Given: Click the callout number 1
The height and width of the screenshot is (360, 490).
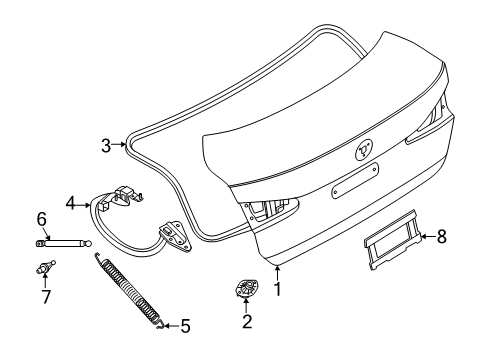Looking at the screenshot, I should pos(278,290).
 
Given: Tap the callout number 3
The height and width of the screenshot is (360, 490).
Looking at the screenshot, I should pos(105,146).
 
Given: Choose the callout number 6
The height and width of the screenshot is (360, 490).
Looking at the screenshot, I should pos(42,219).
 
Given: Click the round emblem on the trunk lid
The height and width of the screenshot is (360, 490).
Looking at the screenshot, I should pos(365,148).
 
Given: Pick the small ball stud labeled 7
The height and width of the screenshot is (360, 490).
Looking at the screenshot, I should pos(43,267).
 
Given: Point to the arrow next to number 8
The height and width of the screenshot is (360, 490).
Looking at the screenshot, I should pos(424,238).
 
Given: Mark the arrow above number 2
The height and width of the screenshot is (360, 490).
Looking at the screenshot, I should pos(247,304).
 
